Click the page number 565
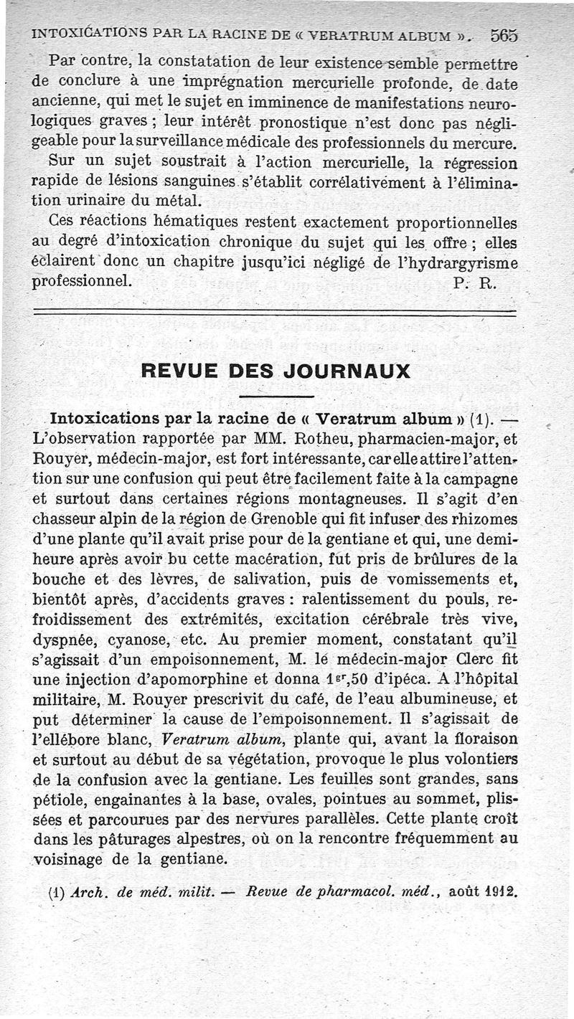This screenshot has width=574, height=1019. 505,34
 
